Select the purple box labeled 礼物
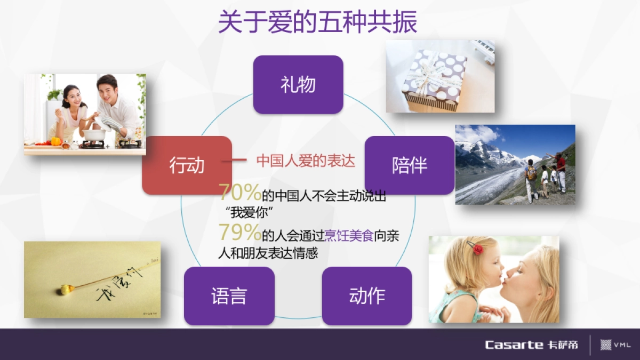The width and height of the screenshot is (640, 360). click(298, 85)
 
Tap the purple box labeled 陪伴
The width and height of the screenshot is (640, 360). click(409, 165)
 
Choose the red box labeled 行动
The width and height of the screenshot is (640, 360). click(187, 165)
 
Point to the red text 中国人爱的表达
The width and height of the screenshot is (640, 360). click(306, 161)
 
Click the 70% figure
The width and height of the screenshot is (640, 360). click(239, 191)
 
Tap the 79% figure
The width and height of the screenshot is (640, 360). click(239, 233)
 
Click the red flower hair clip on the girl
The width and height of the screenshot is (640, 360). click(477, 249)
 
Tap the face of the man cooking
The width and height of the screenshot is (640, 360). click(109, 91)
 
